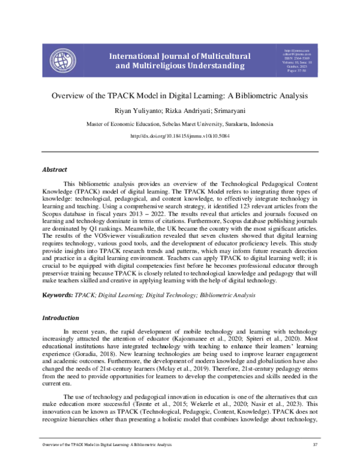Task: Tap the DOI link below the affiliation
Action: [180, 136]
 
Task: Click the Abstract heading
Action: [54, 170]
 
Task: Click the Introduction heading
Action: [60, 318]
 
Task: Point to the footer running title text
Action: [103, 445]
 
